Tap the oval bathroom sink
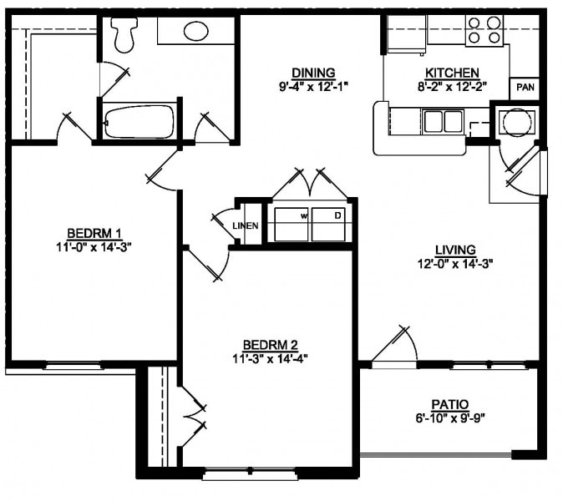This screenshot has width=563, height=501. click(196, 32)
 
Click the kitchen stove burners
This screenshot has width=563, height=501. click(484, 30)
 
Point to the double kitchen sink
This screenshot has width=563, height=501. click(442, 122)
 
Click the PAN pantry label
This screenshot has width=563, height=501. click(525, 87)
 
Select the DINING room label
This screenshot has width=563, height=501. click(313, 72)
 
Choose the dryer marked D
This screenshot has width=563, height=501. click(332, 222)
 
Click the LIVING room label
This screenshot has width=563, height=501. click(455, 250)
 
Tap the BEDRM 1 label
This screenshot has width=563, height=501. click(94, 232)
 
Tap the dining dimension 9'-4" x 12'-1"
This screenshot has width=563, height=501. click(313, 85)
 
